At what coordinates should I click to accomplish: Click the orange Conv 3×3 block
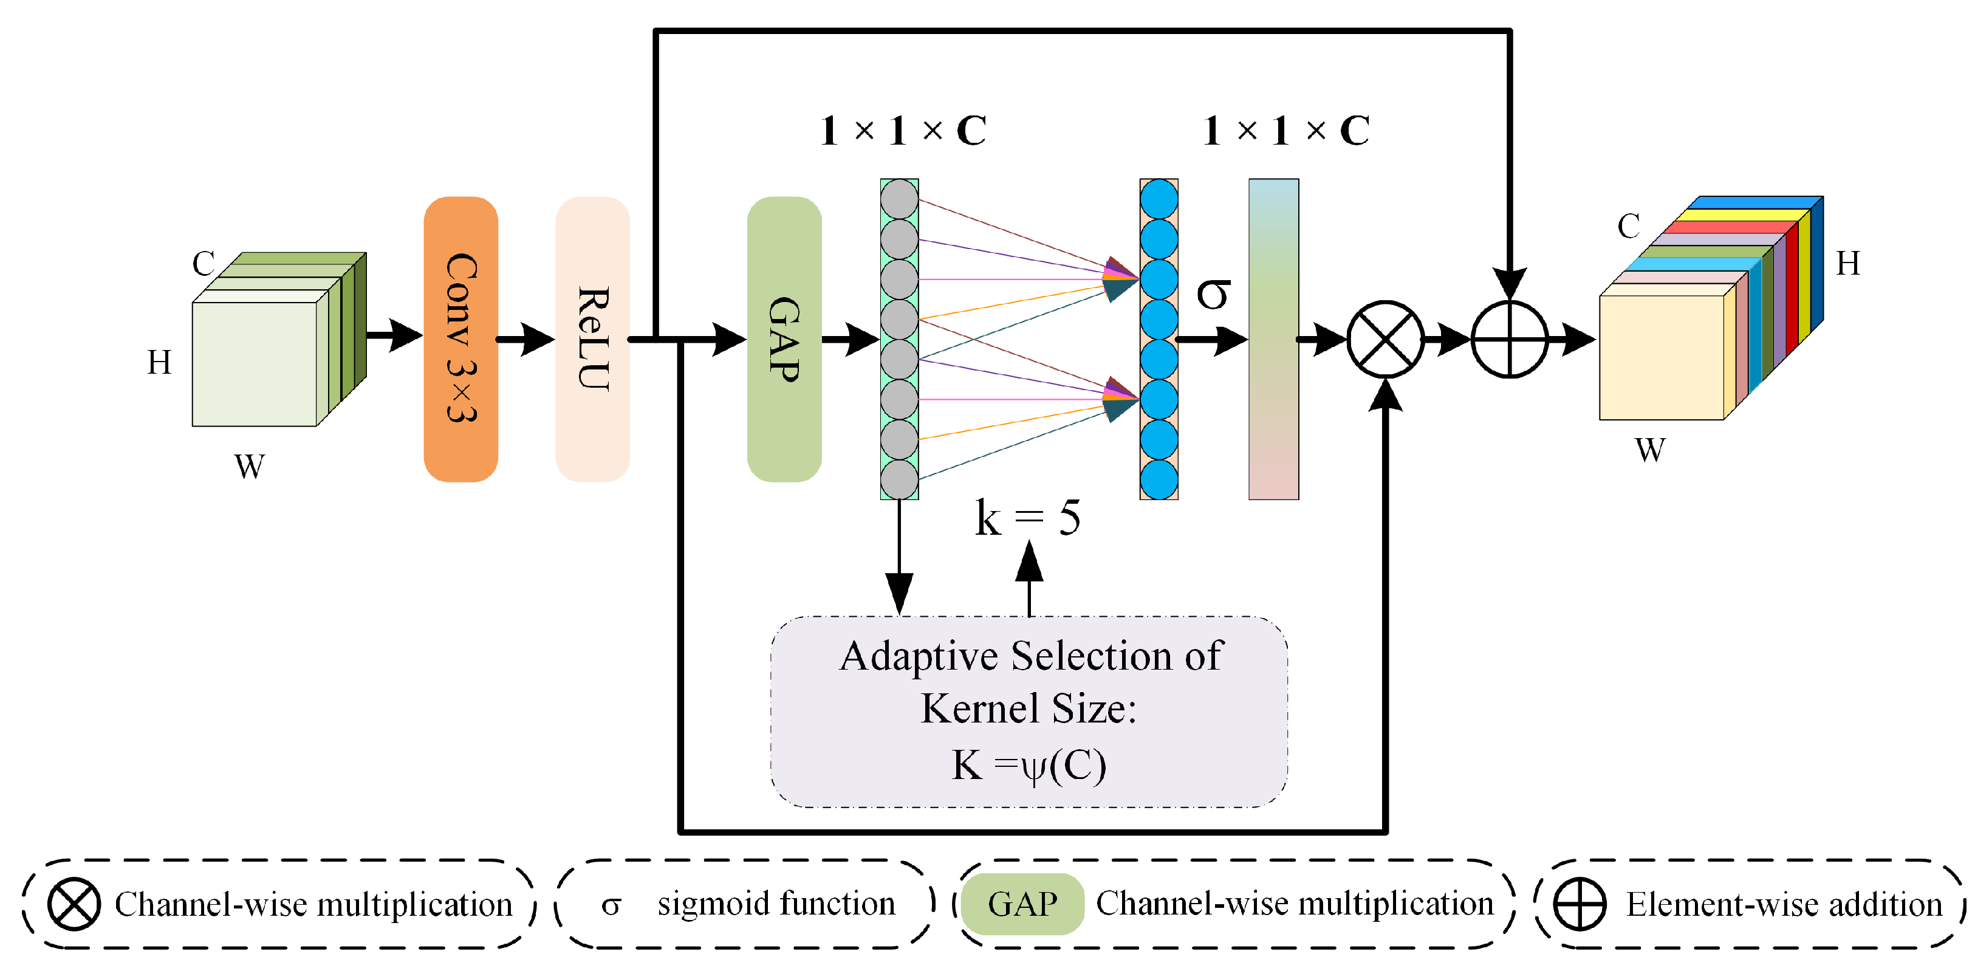click(460, 338)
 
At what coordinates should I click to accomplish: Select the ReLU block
click(593, 338)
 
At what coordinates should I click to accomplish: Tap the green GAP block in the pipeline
click(784, 338)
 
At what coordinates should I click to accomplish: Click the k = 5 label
click(1027, 518)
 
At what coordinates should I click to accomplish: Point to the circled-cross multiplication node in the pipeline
click(1385, 338)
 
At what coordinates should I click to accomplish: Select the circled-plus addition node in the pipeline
click(1509, 338)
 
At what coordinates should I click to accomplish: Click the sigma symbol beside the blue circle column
click(1213, 293)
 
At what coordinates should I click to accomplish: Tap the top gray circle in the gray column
click(899, 199)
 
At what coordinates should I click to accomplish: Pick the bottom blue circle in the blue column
click(1159, 479)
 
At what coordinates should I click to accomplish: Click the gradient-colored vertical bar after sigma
click(1273, 338)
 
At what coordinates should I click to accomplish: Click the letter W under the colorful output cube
click(1650, 450)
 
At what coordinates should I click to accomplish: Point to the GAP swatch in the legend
click(1022, 904)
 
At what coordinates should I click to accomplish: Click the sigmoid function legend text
click(776, 904)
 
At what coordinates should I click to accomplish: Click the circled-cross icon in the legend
click(74, 904)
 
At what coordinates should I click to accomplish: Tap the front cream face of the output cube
click(1661, 357)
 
